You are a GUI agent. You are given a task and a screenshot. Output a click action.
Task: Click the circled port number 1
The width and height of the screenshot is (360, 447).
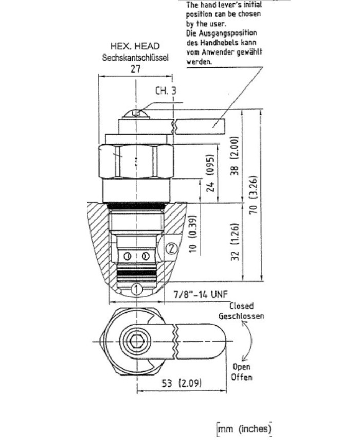136,289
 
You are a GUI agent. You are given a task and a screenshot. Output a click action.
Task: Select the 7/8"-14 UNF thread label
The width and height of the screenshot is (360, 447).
201,295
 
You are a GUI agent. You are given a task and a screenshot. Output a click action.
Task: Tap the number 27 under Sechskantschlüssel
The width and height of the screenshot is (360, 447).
135,69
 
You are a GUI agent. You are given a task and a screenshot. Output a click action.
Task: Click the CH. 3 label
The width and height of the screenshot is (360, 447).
166,91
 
